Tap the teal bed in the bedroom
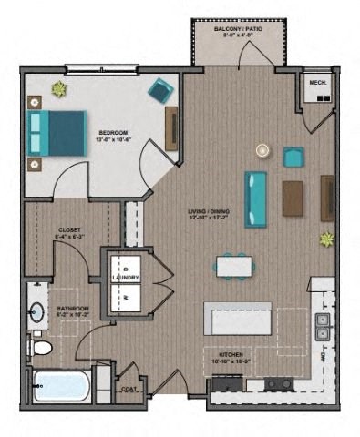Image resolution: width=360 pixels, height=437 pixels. (60, 133)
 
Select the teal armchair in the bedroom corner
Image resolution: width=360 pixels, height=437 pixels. (160, 89)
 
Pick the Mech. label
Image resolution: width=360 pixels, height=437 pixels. (317, 84)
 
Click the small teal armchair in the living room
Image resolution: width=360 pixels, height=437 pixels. (293, 157)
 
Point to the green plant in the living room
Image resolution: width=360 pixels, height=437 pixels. (326, 239)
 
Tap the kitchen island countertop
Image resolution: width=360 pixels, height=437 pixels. (237, 319)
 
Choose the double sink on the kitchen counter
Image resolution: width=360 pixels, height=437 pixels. (322, 327)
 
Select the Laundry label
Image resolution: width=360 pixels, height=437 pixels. (124, 278)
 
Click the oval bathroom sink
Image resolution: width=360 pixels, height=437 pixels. (36, 315)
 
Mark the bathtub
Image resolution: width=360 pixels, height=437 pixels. (60, 385)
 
